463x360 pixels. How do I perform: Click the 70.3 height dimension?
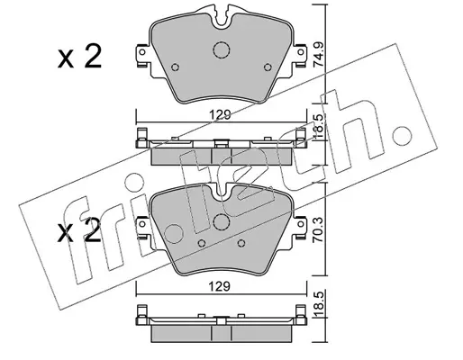click(319, 230)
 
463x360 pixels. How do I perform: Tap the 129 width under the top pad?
click(221, 114)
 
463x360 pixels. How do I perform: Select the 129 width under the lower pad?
click(221, 286)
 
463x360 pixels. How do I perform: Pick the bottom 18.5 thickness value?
click(319, 305)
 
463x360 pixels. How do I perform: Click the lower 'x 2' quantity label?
click(79, 230)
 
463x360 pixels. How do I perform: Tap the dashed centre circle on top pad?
click(222, 49)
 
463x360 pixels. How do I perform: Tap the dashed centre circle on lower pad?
click(222, 222)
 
